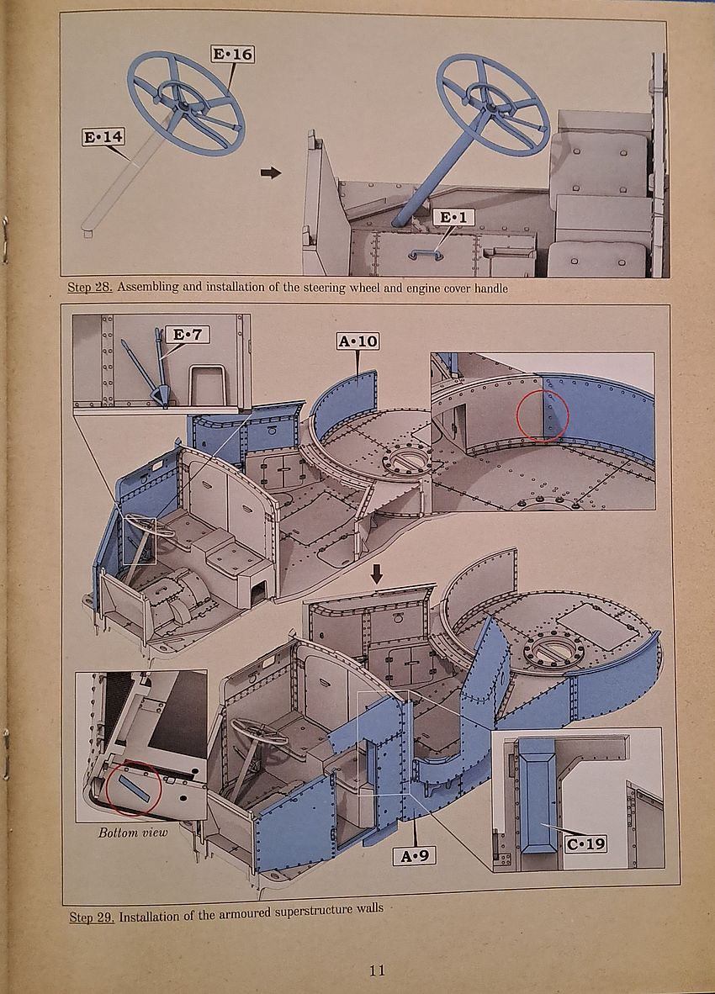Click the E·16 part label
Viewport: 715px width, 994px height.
231,55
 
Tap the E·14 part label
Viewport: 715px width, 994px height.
103,137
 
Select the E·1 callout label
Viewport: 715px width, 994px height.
454,218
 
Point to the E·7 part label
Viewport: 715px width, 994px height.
189,335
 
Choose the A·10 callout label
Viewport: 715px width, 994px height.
357,341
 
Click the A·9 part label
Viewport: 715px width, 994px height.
414,855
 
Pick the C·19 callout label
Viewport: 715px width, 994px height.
585,842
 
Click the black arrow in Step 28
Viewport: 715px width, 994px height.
271,172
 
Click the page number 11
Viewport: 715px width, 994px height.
378,970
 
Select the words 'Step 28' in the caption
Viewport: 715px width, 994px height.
89,288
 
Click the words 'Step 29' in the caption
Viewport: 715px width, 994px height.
92,917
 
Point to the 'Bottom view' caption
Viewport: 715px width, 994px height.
133,833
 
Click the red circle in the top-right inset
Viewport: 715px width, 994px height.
543,415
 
